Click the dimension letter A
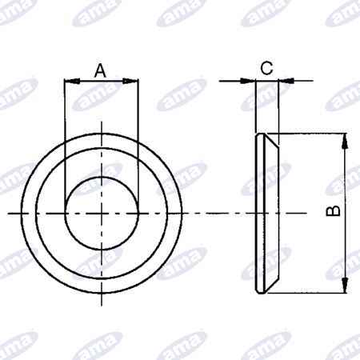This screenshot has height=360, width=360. [x=100, y=70]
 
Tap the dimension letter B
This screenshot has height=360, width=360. [x=333, y=210]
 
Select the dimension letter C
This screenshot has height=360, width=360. [x=266, y=68]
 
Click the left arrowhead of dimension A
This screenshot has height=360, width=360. [x=72, y=81]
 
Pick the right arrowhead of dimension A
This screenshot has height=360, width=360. [x=130, y=81]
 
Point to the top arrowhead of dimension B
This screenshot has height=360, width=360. [x=345, y=141]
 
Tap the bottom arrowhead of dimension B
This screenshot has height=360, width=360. [x=345, y=286]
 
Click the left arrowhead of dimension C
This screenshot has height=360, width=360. [x=248, y=81]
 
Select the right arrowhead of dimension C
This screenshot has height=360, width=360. [x=286, y=81]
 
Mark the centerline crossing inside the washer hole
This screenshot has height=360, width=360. [x=102, y=214]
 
